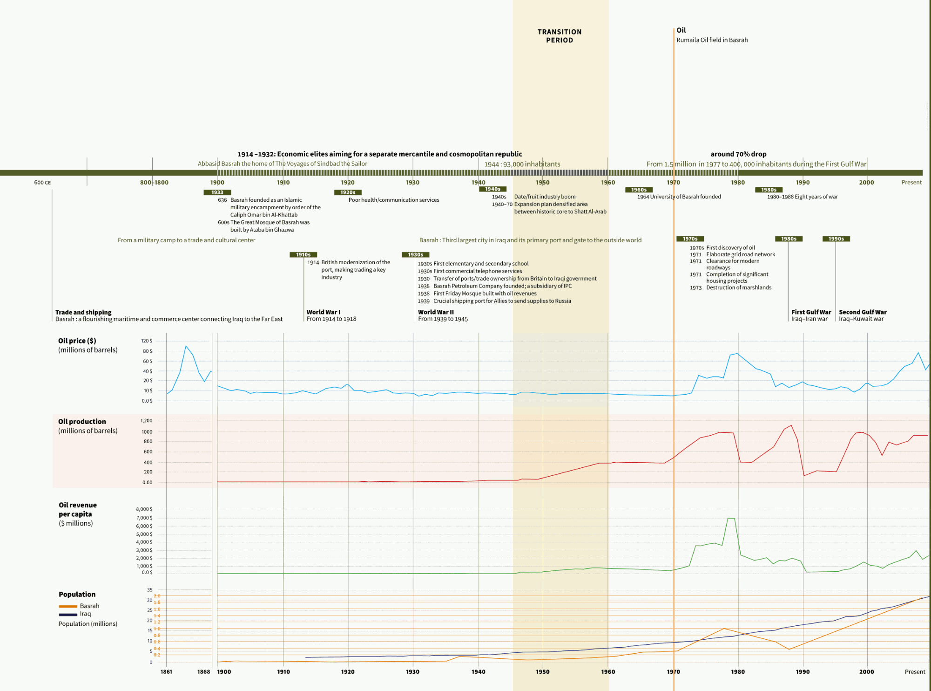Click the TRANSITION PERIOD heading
pyautogui.click(x=560, y=36)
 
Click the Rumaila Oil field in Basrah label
pyautogui.click(x=712, y=40)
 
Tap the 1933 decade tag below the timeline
pyautogui.click(x=217, y=192)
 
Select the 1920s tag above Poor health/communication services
pyautogui.click(x=348, y=192)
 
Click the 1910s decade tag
pyautogui.click(x=303, y=254)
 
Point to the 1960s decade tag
pyautogui.click(x=639, y=190)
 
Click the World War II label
pyautogui.click(x=436, y=312)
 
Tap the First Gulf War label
pyautogui.click(x=811, y=312)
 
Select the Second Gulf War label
pyautogui.click(x=863, y=312)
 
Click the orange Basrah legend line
pyautogui.click(x=68, y=606)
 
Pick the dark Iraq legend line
pyautogui.click(x=68, y=615)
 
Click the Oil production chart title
pyautogui.click(x=82, y=422)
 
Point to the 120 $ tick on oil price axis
pyautogui.click(x=147, y=341)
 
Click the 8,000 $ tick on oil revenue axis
pyautogui.click(x=144, y=509)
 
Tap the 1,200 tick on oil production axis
pyautogui.click(x=146, y=421)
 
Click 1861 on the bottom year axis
pyautogui.click(x=166, y=672)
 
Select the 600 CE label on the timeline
pyautogui.click(x=42, y=183)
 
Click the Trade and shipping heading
pyautogui.click(x=83, y=312)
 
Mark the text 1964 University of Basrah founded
pyautogui.click(x=679, y=197)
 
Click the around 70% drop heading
pyautogui.click(x=738, y=154)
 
